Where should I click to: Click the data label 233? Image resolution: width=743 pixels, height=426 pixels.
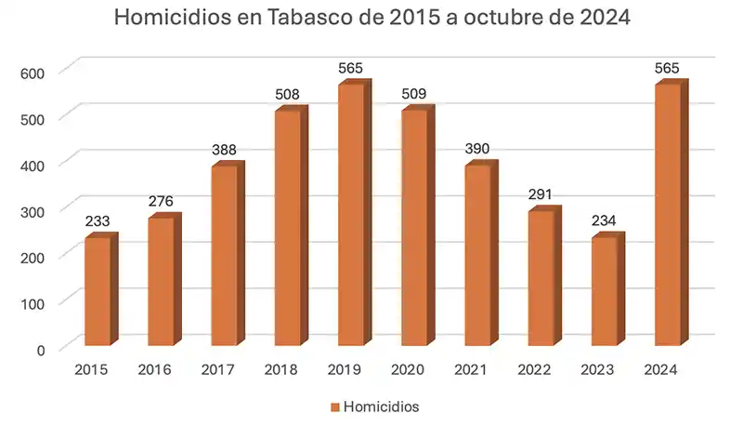point(98,222)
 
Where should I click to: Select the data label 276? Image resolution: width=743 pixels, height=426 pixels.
point(162,202)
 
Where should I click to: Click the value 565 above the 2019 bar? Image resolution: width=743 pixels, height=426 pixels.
point(351,69)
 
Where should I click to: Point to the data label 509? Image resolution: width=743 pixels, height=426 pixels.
point(414,94)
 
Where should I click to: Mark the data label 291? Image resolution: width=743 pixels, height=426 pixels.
point(541,195)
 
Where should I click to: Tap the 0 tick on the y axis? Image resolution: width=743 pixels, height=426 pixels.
point(40,349)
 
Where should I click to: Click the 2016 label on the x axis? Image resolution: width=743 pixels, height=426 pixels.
point(154,370)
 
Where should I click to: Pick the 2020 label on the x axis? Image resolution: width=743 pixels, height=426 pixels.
point(408,370)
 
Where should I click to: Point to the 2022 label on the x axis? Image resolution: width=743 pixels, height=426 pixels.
point(534,370)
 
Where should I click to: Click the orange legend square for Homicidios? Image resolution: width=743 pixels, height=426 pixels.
point(334,407)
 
